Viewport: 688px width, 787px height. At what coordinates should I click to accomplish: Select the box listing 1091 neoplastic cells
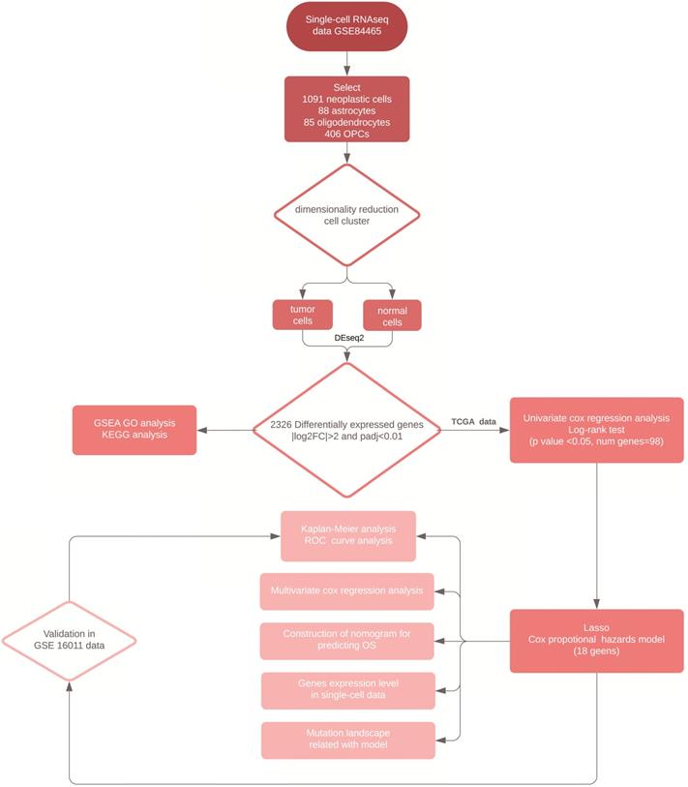(347, 107)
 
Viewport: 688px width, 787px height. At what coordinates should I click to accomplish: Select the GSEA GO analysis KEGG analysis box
(135, 429)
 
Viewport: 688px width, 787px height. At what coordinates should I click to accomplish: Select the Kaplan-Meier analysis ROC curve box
(347, 535)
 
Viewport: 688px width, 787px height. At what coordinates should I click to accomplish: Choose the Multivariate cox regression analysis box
(347, 590)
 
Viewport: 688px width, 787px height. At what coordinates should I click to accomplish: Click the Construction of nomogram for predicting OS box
(347, 640)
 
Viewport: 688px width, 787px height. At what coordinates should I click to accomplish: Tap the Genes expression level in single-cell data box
(347, 690)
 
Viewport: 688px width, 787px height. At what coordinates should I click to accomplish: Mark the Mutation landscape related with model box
(347, 740)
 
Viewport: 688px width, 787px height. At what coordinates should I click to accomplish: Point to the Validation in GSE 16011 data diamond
(69, 640)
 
